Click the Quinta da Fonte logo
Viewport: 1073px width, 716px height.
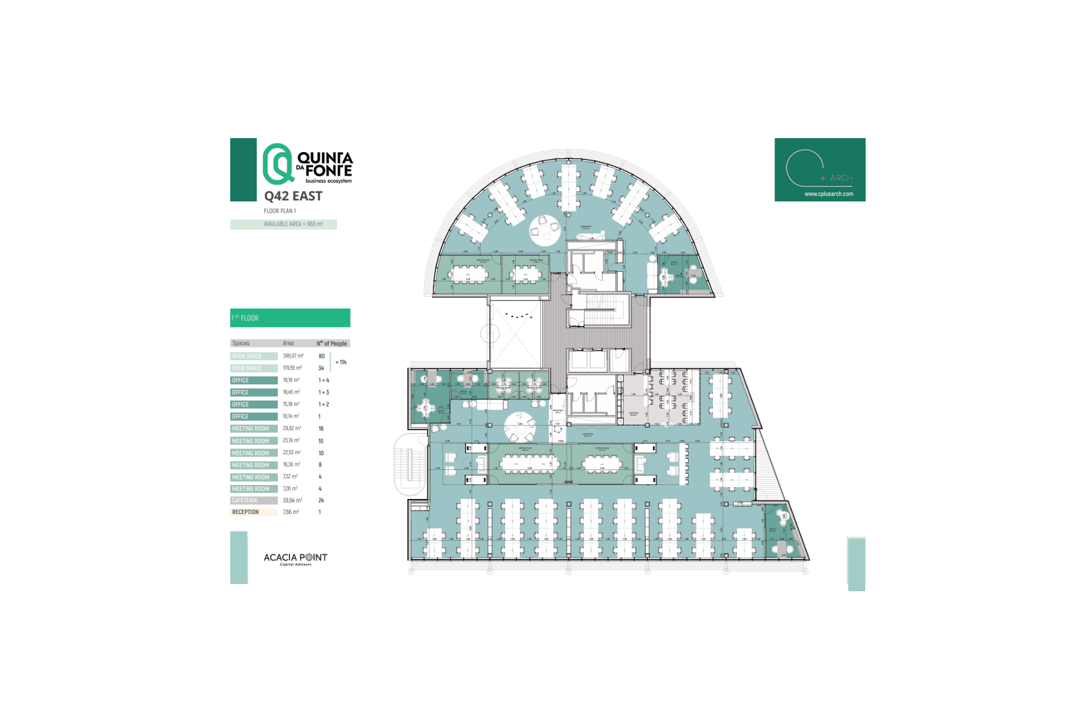pos(307,164)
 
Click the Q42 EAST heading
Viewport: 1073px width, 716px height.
pos(293,196)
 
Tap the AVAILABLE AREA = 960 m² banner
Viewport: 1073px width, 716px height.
pos(283,224)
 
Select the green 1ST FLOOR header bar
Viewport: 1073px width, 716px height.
pos(290,318)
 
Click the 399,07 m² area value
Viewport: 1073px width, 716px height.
pos(293,356)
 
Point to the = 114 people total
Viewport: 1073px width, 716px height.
pos(341,362)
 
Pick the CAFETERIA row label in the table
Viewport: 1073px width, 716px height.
pos(254,501)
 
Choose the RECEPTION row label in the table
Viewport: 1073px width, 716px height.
pos(254,512)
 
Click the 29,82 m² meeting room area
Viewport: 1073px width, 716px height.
pos(292,428)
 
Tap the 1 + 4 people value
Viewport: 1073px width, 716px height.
pos(324,380)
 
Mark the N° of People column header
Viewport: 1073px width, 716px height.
pos(332,343)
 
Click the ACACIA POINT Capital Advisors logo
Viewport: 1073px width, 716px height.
pos(295,559)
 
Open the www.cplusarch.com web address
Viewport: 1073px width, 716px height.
pos(829,194)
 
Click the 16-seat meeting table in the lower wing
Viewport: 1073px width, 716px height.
pos(529,463)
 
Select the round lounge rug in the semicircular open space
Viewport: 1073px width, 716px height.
pos(545,230)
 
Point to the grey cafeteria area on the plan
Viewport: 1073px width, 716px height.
pos(634,400)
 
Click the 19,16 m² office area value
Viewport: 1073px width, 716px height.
pos(291,380)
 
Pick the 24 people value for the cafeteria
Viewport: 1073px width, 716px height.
pos(321,501)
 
